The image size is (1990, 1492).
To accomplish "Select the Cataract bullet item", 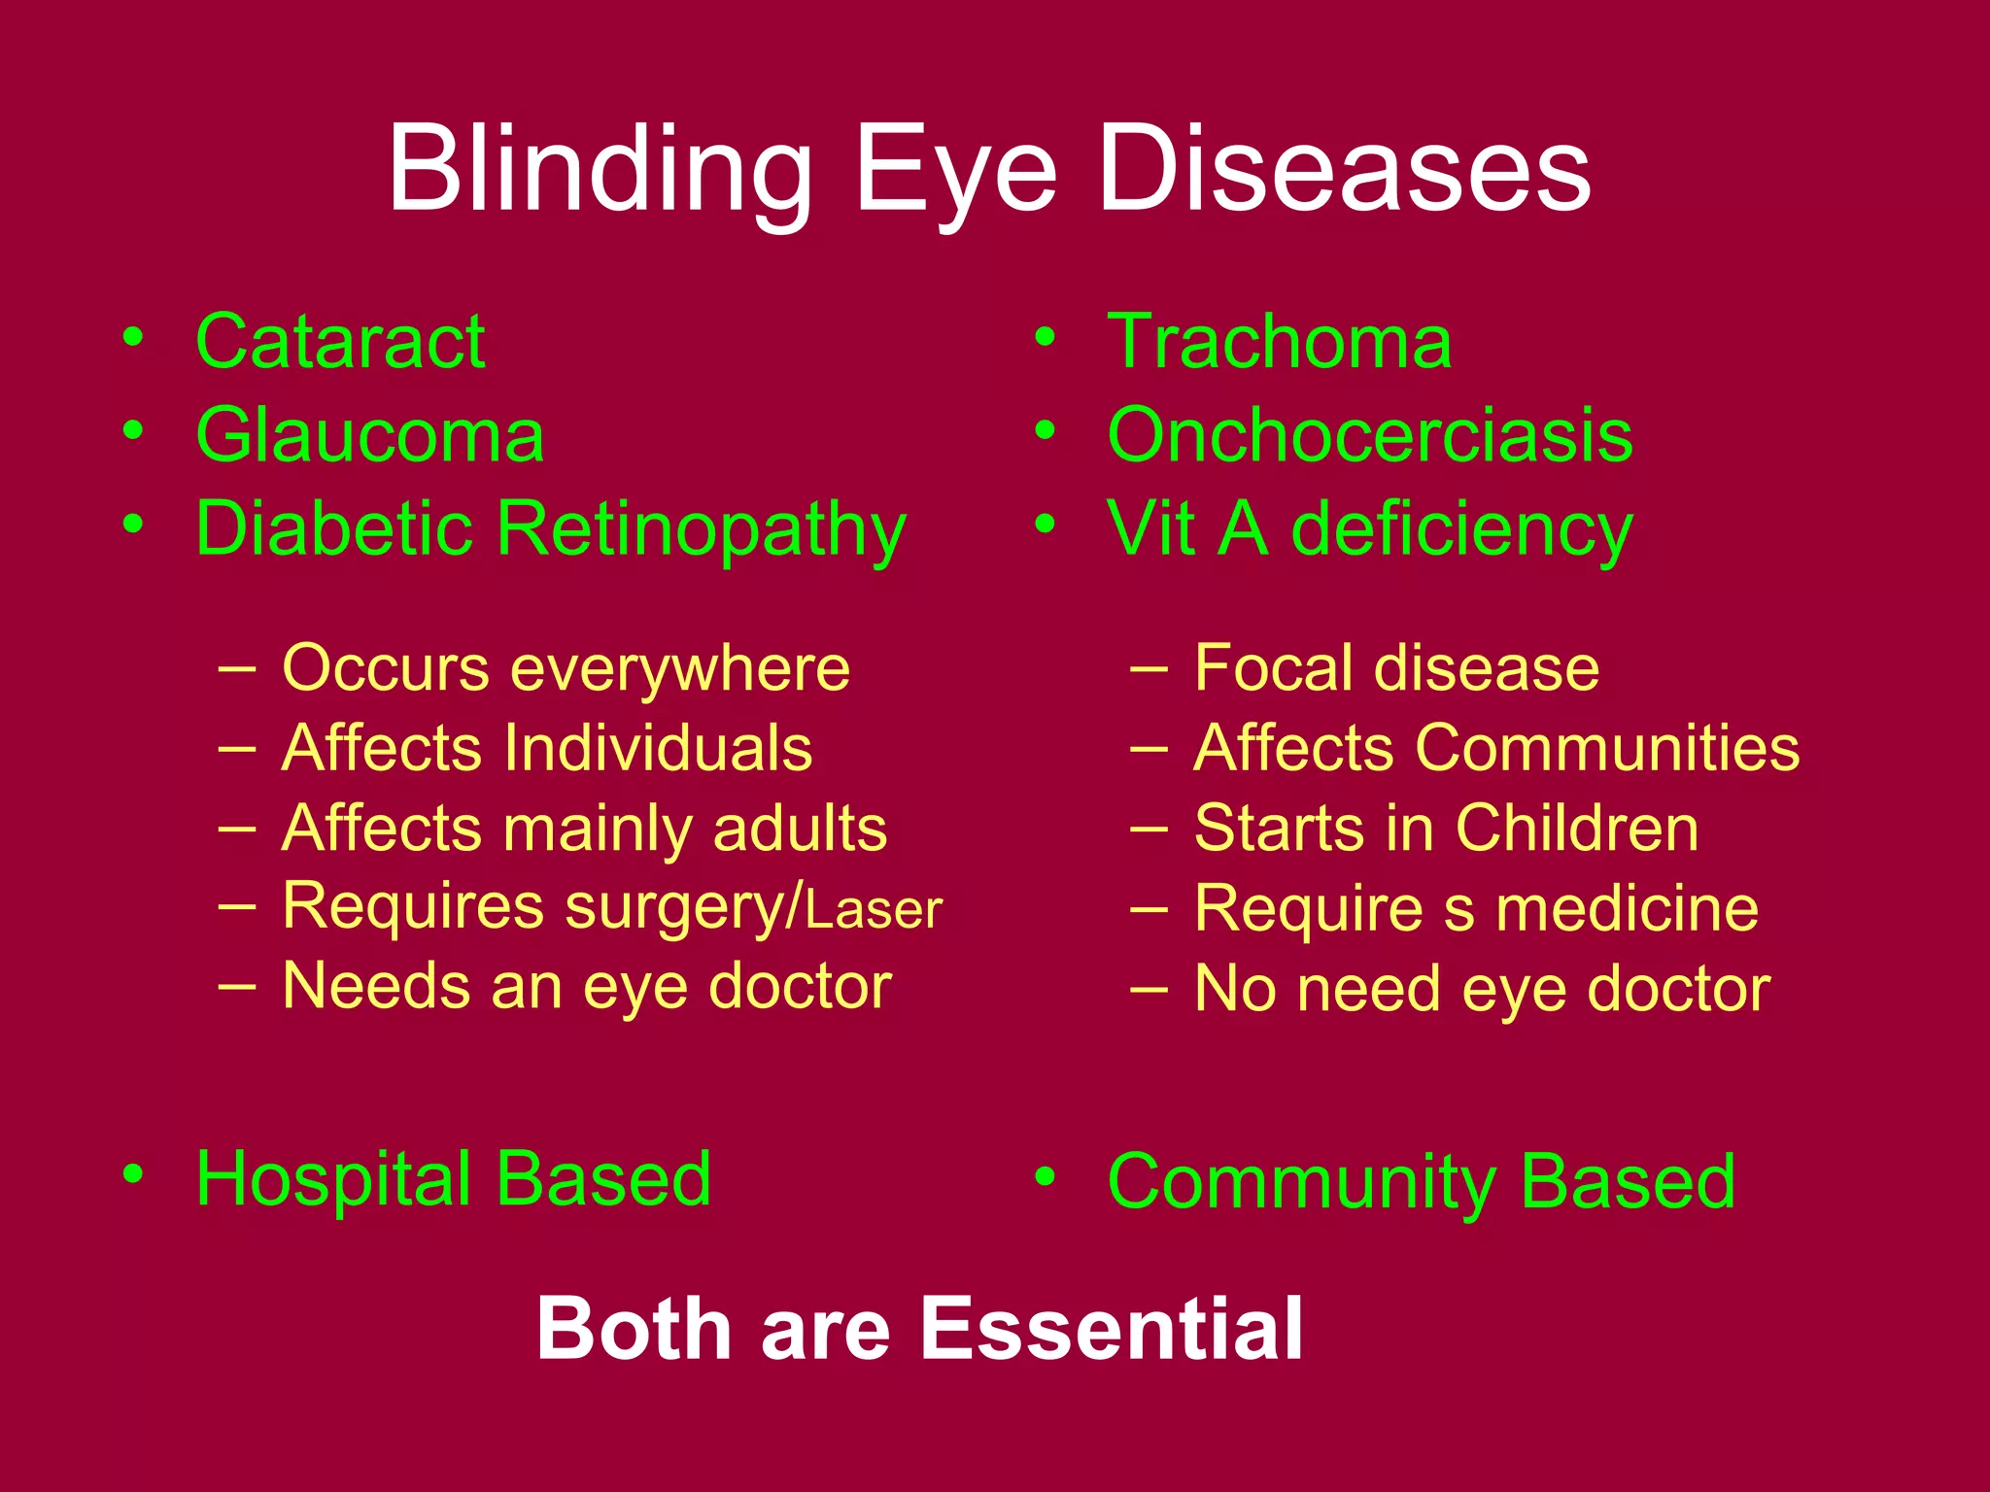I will [340, 342].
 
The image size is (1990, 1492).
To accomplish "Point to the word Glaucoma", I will [370, 435].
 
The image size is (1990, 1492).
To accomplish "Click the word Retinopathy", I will [702, 530].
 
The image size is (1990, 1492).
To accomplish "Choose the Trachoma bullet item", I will [1279, 342].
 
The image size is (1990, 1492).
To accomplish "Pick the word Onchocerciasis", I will [1370, 435].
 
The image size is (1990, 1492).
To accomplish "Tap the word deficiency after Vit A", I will [1461, 530].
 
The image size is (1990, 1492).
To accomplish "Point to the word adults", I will [800, 829].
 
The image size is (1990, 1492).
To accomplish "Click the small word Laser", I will [874, 911].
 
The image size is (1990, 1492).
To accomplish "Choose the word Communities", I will [1607, 748].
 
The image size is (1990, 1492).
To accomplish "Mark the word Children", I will [1576, 829].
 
